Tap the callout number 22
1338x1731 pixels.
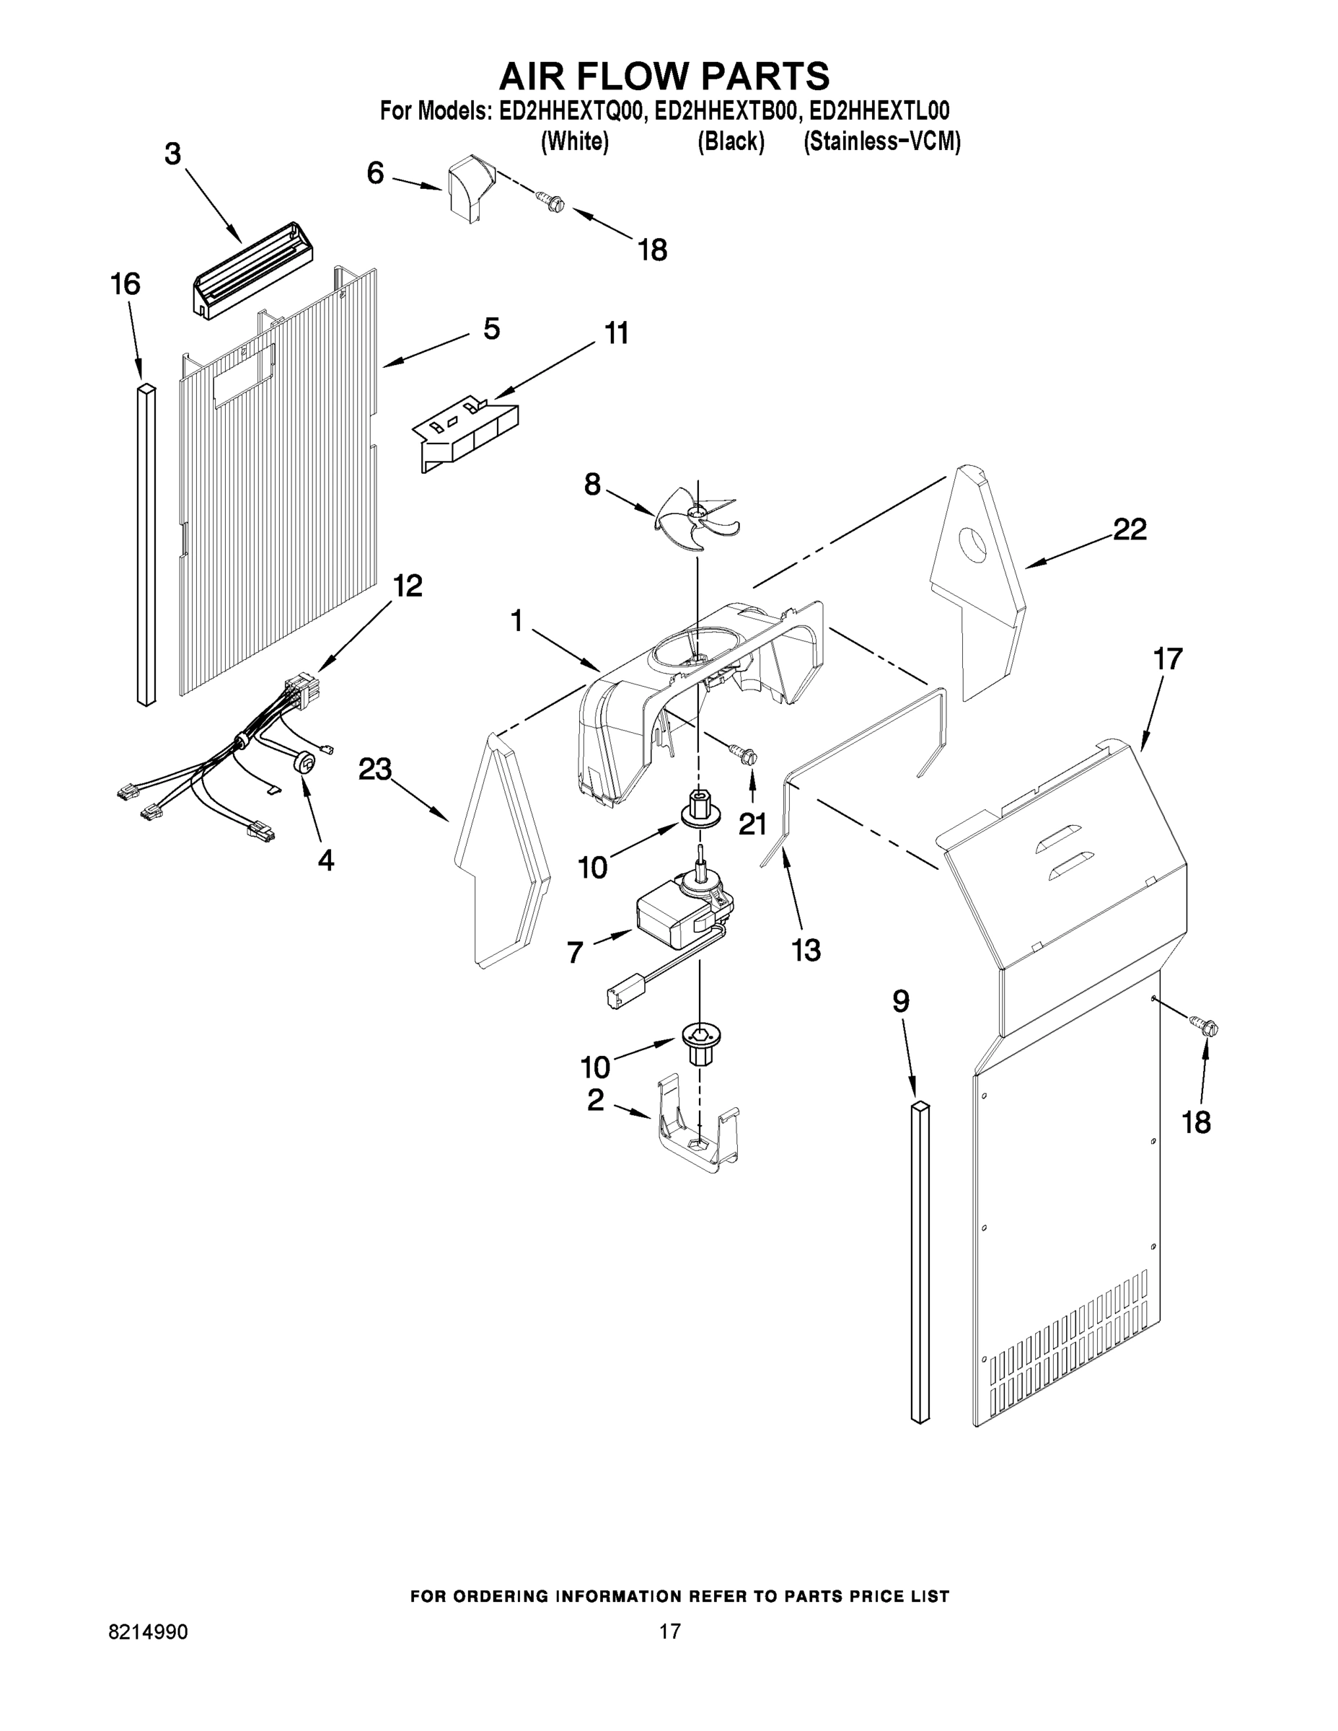tap(1130, 529)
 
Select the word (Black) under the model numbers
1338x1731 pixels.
tap(730, 142)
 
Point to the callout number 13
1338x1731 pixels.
tap(806, 949)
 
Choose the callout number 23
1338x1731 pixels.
tap(375, 769)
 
